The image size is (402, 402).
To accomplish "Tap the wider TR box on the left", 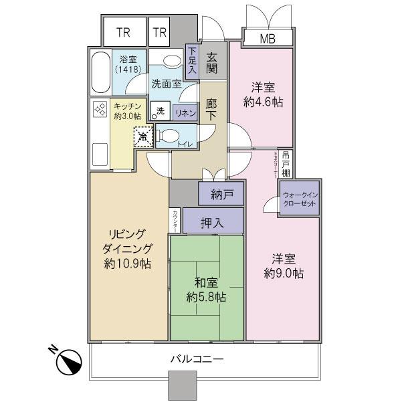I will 123,32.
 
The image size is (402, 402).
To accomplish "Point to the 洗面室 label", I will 165,84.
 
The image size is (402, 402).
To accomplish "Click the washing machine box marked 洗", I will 160,110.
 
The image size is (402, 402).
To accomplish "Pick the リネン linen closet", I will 184,113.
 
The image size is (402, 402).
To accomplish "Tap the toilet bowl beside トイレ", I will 169,136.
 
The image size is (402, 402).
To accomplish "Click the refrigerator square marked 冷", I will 142,136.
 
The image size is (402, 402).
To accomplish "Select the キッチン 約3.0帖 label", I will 126,111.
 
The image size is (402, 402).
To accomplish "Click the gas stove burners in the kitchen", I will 100,109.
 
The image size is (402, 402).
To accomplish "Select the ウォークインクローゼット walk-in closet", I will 299,198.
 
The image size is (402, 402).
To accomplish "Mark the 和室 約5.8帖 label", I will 206,289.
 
